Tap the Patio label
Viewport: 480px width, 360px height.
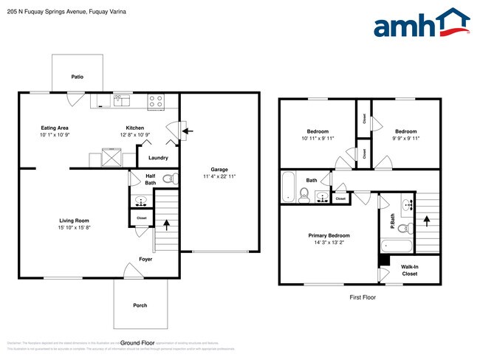tap(77, 76)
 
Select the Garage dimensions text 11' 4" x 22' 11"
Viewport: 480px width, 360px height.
tap(219, 176)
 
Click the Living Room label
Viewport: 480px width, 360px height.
tap(75, 221)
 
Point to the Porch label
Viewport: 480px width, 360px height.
tap(140, 305)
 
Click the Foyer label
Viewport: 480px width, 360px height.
tap(146, 259)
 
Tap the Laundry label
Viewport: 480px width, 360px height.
tap(158, 158)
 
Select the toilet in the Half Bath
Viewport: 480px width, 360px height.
tap(168, 178)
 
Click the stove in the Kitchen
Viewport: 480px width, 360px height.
tap(156, 102)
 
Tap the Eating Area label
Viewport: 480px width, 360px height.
tap(55, 128)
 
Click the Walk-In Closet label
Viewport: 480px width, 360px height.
tap(409, 270)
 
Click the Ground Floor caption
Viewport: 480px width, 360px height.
tap(137, 343)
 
